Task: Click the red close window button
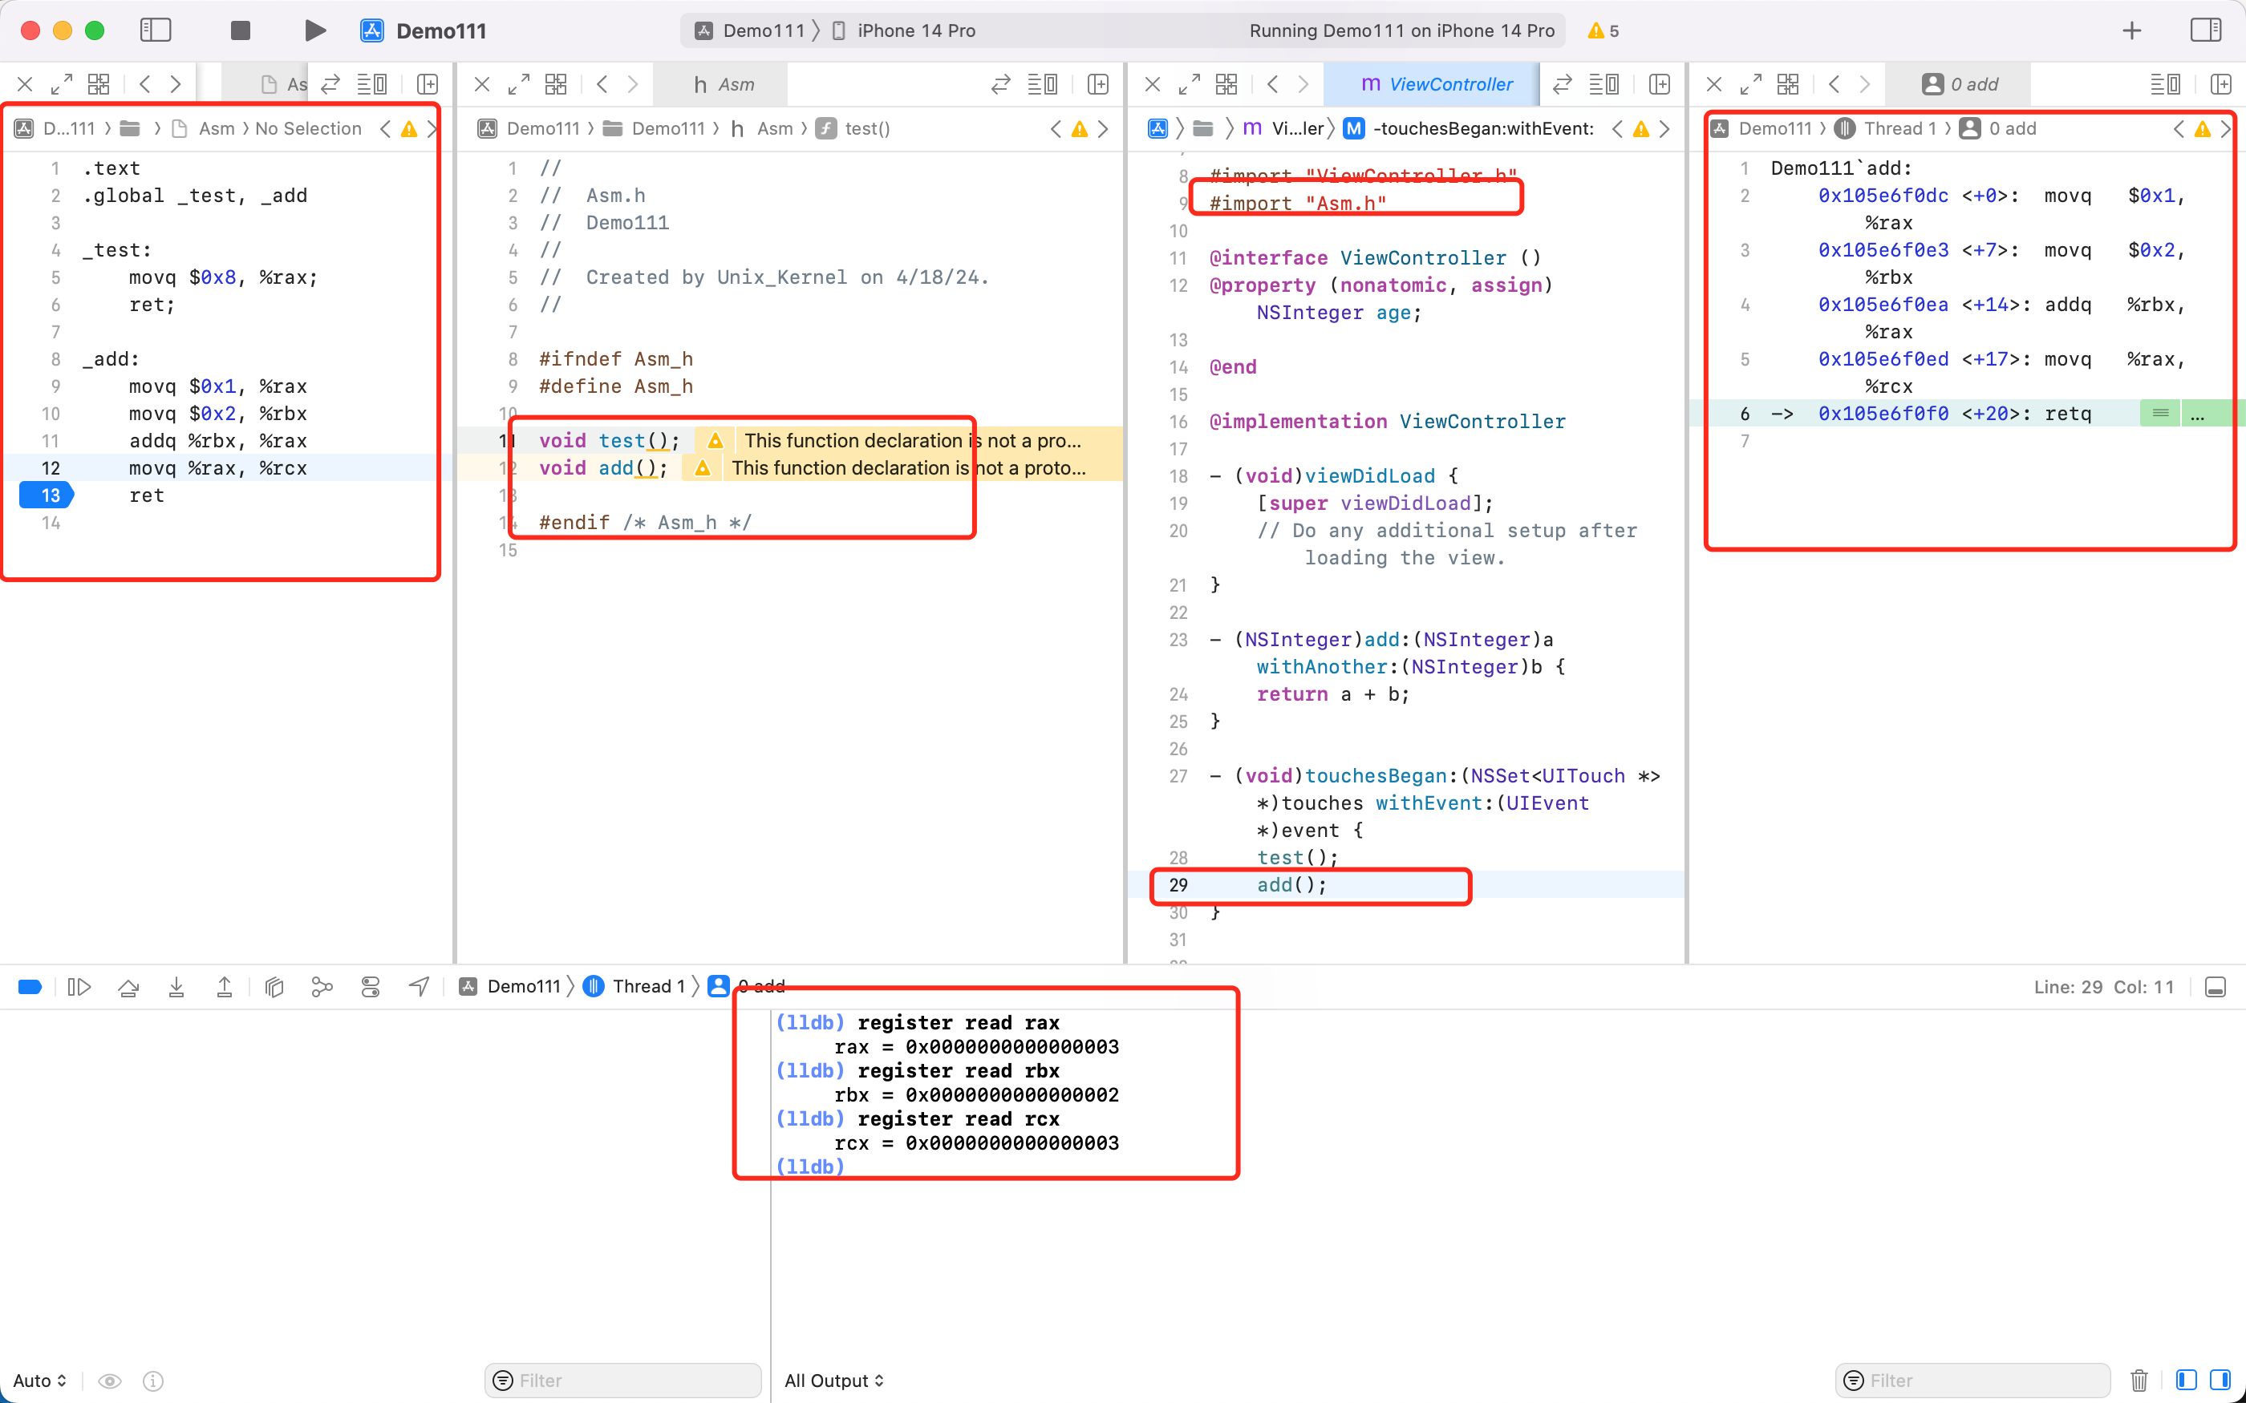click(30, 30)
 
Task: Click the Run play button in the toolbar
click(314, 30)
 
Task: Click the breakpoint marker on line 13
click(47, 495)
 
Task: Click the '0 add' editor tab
click(1960, 84)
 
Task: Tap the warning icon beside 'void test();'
click(715, 441)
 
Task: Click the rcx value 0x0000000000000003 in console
click(1012, 1143)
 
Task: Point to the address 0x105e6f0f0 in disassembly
click(1883, 414)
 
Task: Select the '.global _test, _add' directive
click(195, 196)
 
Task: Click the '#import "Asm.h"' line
click(1298, 203)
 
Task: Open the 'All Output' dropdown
click(833, 1381)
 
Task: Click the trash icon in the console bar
click(2139, 1381)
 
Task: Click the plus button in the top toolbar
click(2132, 30)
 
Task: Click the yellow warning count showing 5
click(1603, 30)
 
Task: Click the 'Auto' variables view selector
click(40, 1381)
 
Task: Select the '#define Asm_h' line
click(616, 386)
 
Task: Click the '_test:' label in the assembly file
click(117, 250)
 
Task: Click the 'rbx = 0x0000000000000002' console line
click(976, 1095)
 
